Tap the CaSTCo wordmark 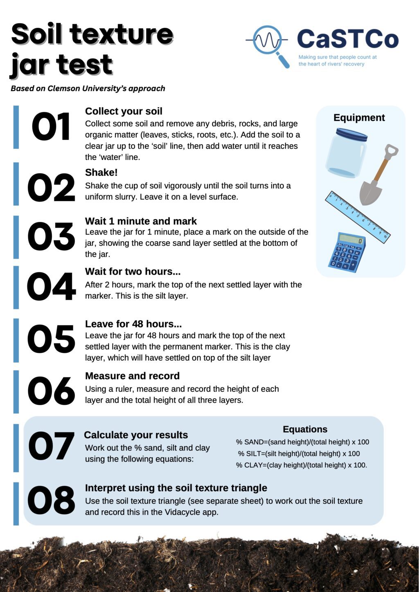pyautogui.click(x=347, y=39)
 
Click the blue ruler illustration pyautogui.click(x=357, y=217)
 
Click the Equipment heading pyautogui.click(x=359, y=118)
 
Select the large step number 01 pyautogui.click(x=51, y=127)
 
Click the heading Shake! pyautogui.click(x=101, y=173)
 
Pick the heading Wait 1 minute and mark pyautogui.click(x=141, y=221)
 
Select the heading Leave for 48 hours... pyautogui.click(x=133, y=324)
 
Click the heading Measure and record pyautogui.click(x=132, y=376)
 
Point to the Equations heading pyautogui.click(x=305, y=429)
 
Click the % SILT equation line pyautogui.click(x=299, y=453)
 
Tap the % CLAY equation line pyautogui.click(x=301, y=465)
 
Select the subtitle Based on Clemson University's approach pyautogui.click(x=88, y=88)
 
